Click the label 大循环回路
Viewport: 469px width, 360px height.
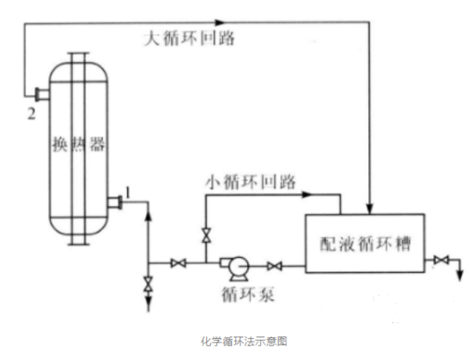(189, 39)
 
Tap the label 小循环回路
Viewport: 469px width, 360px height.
(250, 182)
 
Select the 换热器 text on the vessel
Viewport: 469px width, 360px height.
(79, 144)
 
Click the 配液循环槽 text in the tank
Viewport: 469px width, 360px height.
(365, 244)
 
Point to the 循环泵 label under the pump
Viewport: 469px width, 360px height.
(248, 294)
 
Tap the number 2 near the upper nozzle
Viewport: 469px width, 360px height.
(32, 114)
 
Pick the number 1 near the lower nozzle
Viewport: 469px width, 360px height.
(127, 193)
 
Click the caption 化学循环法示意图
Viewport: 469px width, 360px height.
(244, 342)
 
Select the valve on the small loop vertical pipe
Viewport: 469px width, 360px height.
(206, 235)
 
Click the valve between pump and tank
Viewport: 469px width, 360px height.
(275, 266)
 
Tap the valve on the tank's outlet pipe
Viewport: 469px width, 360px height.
(441, 260)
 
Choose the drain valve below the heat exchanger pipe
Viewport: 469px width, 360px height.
(148, 284)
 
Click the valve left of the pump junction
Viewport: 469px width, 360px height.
(178, 263)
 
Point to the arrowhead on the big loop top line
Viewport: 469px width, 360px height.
(219, 22)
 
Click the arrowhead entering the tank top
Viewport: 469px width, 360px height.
(370, 208)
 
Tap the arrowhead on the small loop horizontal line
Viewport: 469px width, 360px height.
(307, 194)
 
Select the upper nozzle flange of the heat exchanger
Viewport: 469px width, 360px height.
(38, 95)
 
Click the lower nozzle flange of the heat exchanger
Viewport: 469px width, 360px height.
(120, 202)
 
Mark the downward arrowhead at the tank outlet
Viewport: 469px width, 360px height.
(461, 275)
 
